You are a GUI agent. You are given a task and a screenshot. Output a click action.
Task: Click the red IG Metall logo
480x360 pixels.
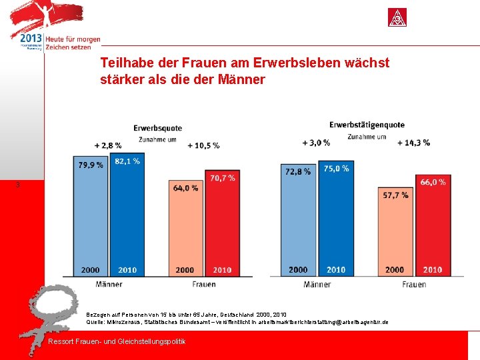398,17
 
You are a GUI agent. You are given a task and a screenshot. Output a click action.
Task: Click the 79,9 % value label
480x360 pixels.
91,165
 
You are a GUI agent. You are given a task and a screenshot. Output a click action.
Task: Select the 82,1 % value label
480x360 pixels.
127,161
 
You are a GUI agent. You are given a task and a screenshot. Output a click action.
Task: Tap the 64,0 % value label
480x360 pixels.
185,188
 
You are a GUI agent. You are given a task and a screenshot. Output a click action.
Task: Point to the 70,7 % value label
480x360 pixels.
222,178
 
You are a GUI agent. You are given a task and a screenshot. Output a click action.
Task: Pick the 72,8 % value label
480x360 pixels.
297,171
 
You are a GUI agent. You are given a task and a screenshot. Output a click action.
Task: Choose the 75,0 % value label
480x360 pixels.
336,169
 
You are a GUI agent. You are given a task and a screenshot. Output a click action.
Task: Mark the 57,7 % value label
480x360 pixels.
395,195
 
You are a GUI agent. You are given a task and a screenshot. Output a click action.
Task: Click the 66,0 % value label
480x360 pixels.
433,182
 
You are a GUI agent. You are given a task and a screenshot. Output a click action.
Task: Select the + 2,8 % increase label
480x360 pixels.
108,145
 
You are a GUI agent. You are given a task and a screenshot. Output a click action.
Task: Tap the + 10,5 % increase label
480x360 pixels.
203,145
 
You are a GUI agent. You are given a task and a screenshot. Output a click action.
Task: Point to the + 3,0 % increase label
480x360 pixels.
316,142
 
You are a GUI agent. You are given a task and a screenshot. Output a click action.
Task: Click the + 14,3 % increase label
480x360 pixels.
413,142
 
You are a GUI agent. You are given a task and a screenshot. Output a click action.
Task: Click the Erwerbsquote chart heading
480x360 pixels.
157,128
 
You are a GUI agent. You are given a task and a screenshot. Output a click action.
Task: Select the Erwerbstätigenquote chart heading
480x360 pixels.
367,125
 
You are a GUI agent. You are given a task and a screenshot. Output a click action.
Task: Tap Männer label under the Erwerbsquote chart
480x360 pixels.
109,284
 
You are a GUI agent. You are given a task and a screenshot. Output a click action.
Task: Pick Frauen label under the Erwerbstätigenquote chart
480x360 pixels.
414,285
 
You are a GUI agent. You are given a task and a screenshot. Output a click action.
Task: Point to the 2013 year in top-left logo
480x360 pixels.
31,39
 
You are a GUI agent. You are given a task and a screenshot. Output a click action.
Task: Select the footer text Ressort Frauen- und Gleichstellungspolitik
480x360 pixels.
117,342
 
